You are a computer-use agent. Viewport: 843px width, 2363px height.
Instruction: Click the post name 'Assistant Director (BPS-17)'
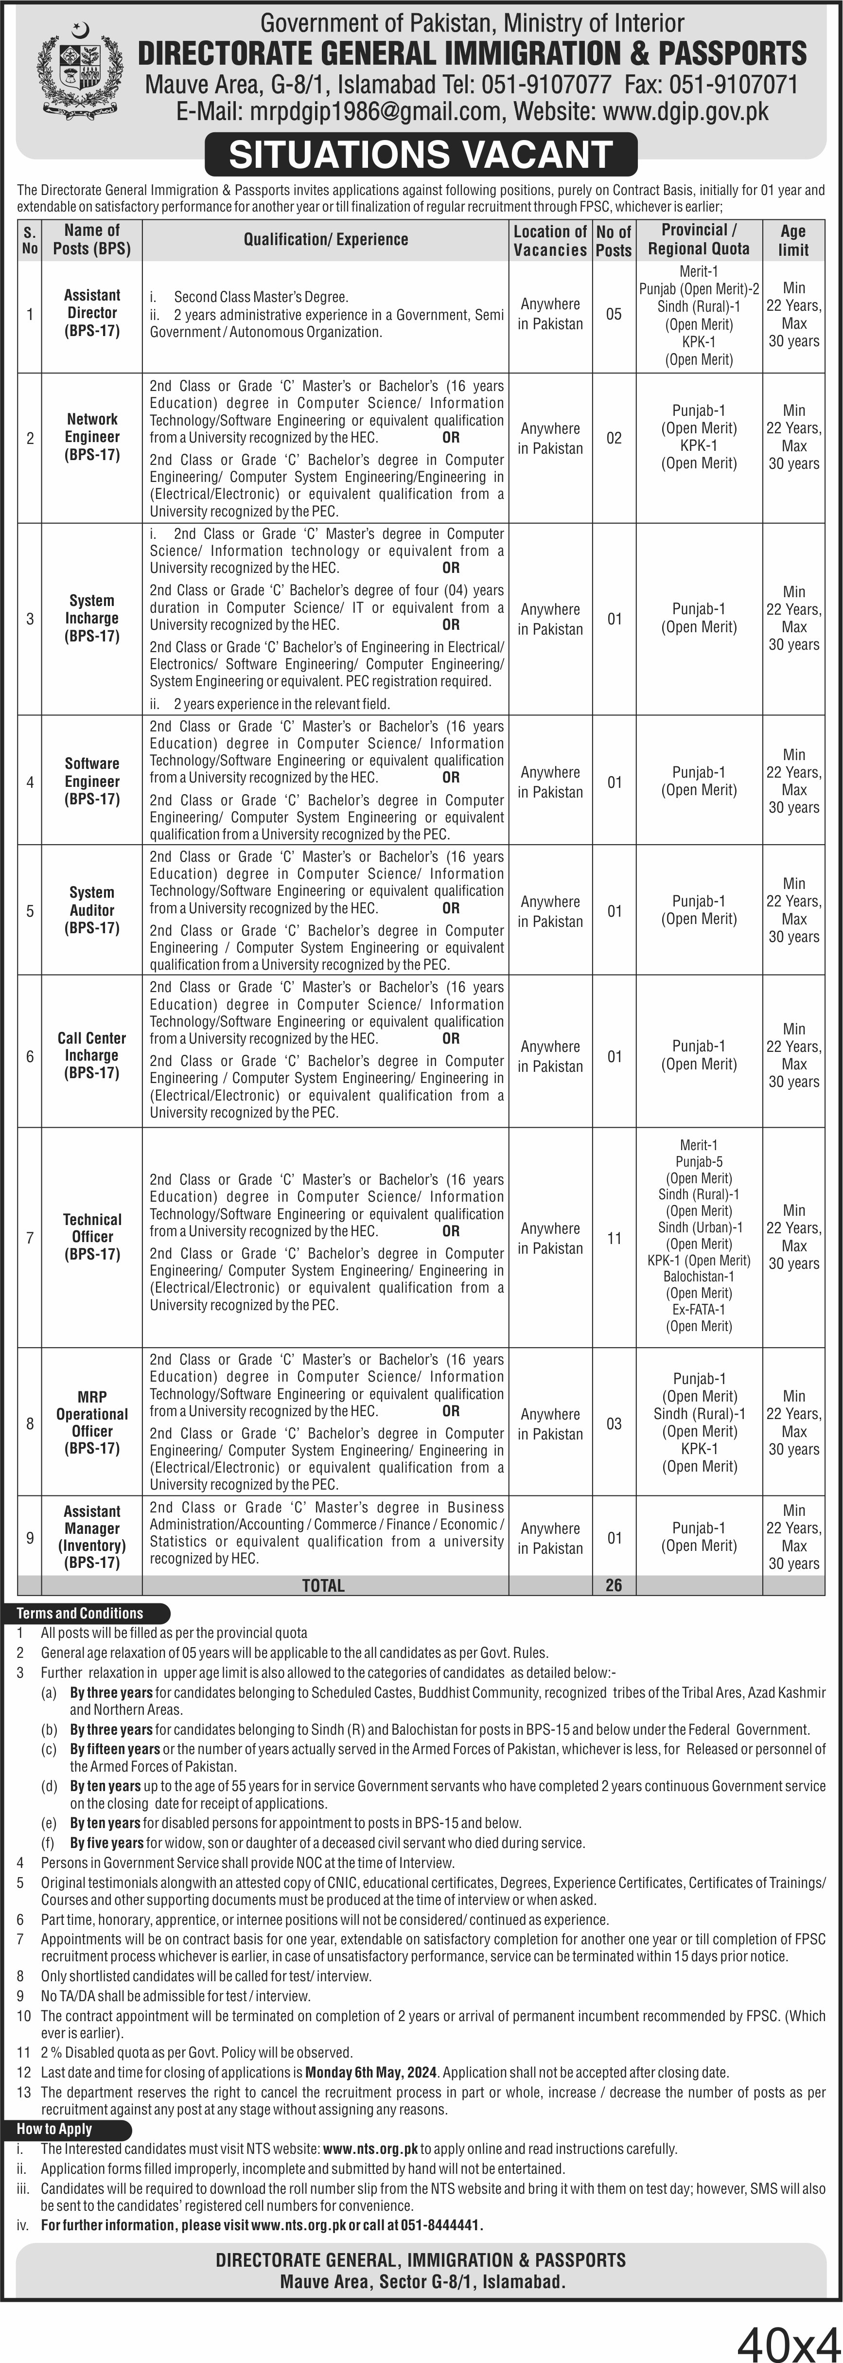(x=92, y=313)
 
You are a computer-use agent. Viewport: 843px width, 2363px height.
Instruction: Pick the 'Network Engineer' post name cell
(x=92, y=437)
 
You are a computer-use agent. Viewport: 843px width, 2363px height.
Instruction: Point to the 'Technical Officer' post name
(x=92, y=1237)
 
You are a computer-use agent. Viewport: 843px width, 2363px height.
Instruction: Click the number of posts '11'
(x=614, y=1238)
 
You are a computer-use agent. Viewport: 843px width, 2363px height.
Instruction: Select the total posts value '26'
(x=614, y=1585)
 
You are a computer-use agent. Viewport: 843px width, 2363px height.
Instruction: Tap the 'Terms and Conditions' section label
(x=80, y=1613)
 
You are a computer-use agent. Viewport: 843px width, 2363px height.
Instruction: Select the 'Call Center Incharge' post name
(x=92, y=1055)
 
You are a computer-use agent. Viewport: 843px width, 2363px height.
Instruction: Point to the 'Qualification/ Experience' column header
(x=326, y=239)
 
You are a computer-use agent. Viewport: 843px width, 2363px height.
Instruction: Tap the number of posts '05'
(x=614, y=314)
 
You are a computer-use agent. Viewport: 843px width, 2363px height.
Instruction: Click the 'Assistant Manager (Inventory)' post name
(x=92, y=1536)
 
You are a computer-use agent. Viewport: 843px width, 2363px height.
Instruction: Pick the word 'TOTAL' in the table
(x=323, y=1585)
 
